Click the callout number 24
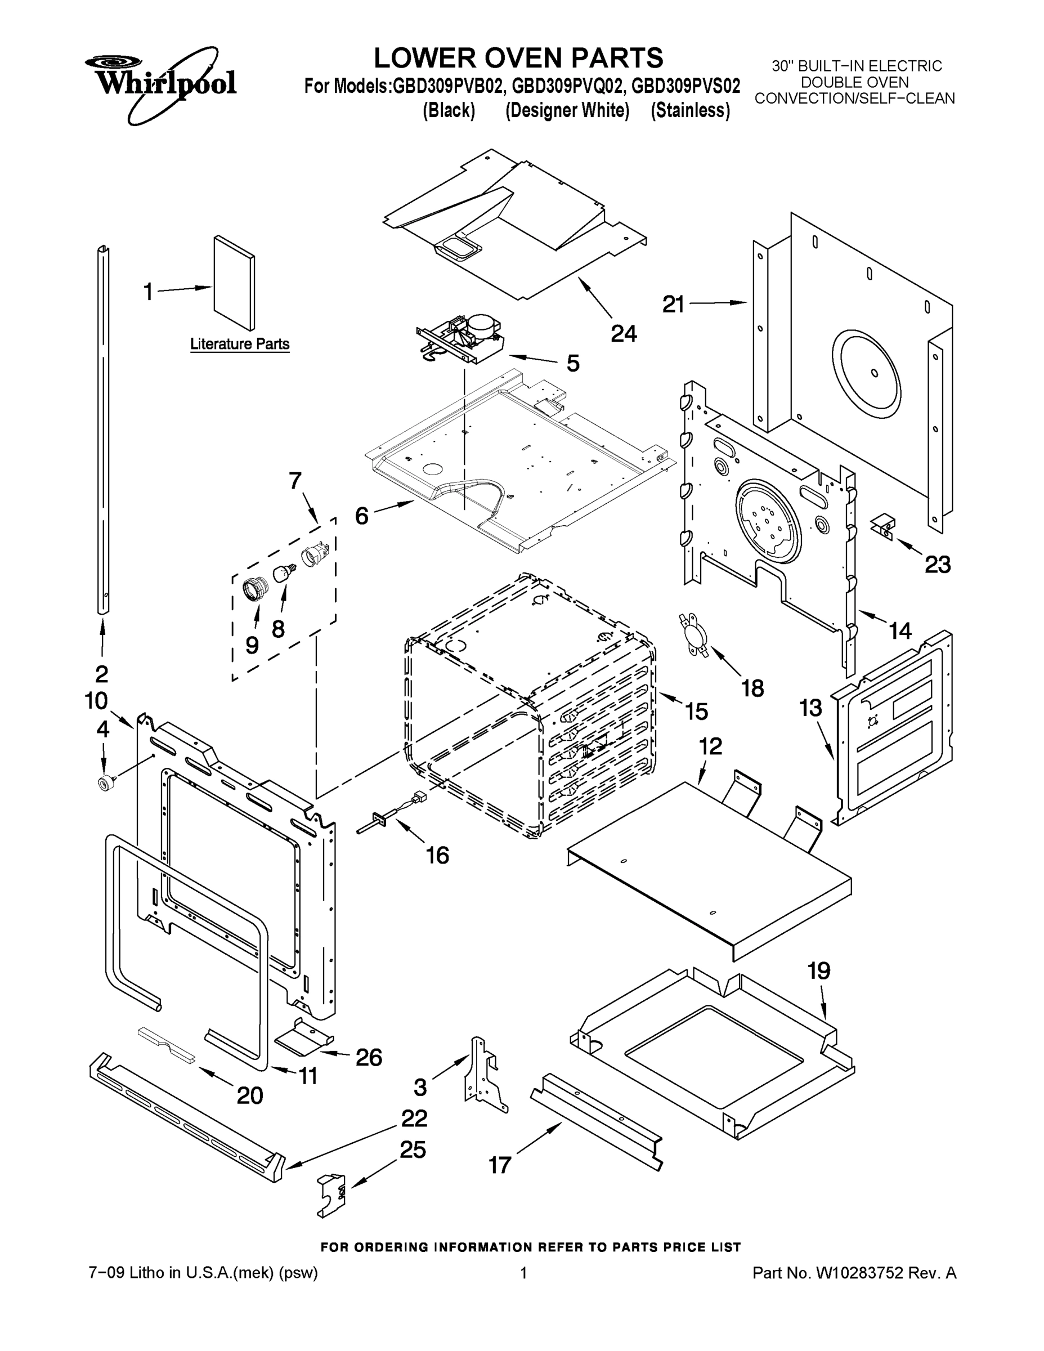click(x=624, y=334)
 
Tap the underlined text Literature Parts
click(x=239, y=344)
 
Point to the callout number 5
click(x=573, y=363)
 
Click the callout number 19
click(x=819, y=970)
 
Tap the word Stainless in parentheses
click(x=689, y=111)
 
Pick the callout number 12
click(x=711, y=745)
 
